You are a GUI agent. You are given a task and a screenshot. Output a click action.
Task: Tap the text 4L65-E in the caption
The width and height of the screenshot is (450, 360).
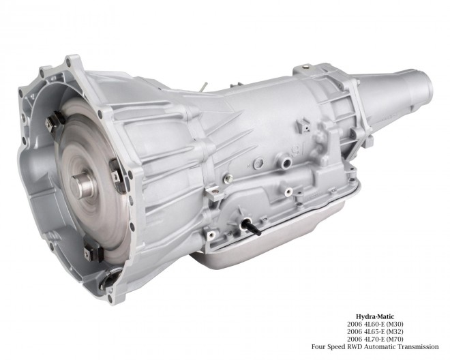point(374,331)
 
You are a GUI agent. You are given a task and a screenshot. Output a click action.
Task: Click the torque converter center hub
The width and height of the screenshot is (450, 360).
point(82,185)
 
